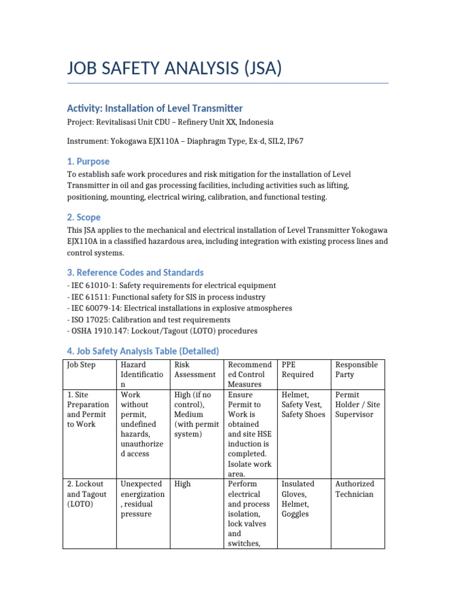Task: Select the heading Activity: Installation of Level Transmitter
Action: point(154,108)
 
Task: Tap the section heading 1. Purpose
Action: point(88,161)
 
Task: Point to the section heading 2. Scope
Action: point(84,217)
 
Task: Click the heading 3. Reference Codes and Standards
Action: point(135,273)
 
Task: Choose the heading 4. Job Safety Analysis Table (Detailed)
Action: point(142,351)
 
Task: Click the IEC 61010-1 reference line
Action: point(171,286)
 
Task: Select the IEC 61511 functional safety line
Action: point(166,297)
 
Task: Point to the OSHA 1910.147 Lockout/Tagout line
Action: point(161,331)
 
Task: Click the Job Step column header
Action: point(81,365)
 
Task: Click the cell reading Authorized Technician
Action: point(355,489)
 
